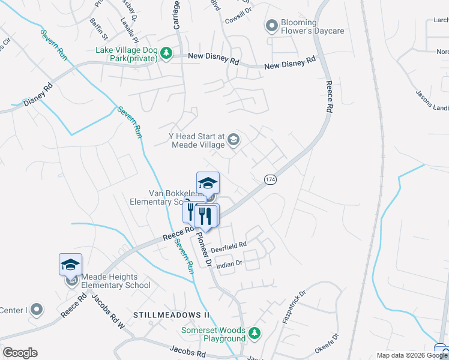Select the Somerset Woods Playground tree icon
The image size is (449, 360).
pyautogui.click(x=254, y=333)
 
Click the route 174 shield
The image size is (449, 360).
pyautogui.click(x=270, y=179)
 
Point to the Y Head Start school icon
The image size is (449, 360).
pyautogui.click(x=234, y=140)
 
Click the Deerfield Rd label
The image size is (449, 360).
pyautogui.click(x=229, y=245)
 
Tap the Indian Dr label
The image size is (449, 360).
pyautogui.click(x=229, y=263)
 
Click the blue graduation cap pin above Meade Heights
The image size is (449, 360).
pyautogui.click(x=70, y=265)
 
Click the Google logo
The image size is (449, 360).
pyautogui.click(x=20, y=353)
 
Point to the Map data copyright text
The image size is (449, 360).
pyautogui.click(x=411, y=355)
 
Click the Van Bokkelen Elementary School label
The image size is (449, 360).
pyautogui.click(x=174, y=197)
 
